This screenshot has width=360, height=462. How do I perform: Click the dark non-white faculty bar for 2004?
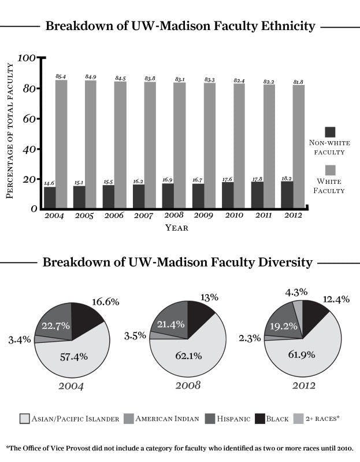coord(50,197)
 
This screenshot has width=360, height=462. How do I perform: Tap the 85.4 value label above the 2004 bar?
coord(61,76)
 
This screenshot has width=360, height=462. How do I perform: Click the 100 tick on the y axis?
coord(27,58)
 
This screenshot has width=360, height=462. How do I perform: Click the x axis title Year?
coord(176,228)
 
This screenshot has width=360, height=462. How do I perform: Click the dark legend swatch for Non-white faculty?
coord(331,132)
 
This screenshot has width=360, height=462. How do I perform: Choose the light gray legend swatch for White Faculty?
coord(331,170)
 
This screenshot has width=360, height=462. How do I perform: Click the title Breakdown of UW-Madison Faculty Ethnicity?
coord(180,26)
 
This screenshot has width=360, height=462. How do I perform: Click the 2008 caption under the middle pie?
coord(188,385)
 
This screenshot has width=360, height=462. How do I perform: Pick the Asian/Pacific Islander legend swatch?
coord(25,418)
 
